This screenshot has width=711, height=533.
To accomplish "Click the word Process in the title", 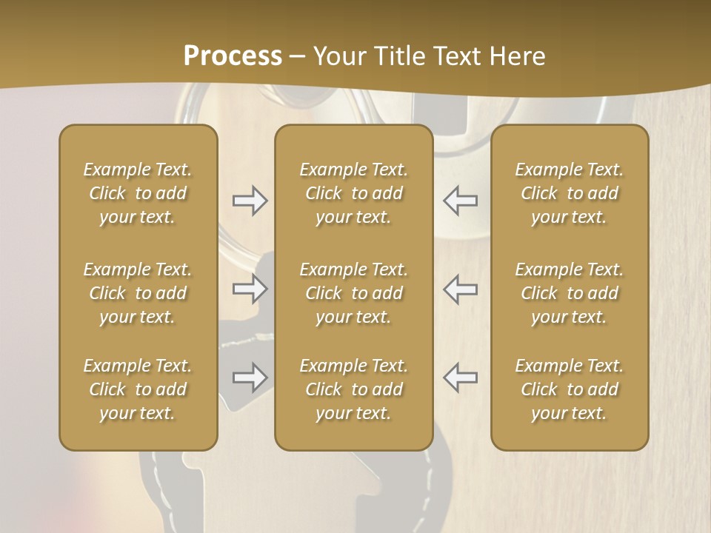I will pos(233,56).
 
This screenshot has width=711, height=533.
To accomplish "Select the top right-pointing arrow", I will pos(250,201).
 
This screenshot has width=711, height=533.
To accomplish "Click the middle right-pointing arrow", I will pos(250,289).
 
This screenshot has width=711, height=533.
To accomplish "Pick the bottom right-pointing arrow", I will pos(250,377).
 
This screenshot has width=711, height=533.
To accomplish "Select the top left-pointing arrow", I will pos(460,201).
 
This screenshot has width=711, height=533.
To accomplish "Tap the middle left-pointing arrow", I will pos(460,289).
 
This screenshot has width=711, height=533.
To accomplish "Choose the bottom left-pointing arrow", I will pos(460,377).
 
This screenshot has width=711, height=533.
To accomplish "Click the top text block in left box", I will pos(138,193).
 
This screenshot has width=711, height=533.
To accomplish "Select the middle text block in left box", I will pos(138,293).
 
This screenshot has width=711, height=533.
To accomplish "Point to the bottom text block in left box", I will pos(138,389).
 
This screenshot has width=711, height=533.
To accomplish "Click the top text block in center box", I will pos(354,193).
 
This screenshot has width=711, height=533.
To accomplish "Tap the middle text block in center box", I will pos(354,293).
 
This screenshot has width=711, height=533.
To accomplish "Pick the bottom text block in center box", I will pos(354,389).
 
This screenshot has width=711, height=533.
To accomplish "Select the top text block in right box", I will pos(570,193).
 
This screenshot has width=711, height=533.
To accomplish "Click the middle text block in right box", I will pos(570,293).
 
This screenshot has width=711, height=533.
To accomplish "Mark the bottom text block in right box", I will pos(570,389).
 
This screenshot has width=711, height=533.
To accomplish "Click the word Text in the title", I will pos(454,56).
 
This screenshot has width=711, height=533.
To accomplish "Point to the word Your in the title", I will pos(338,56).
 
